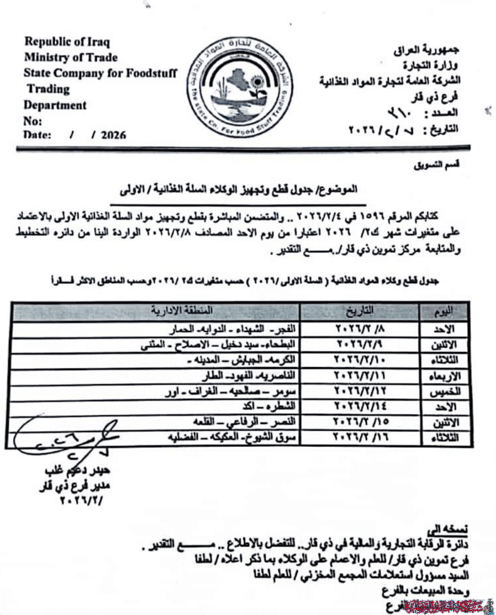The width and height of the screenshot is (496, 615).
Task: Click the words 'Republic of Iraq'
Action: coord(67,41)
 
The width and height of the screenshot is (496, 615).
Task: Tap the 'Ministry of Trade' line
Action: coord(71,57)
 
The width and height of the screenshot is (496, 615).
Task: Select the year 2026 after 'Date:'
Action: coord(113,135)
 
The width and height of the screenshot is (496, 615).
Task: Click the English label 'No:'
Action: coord(32,121)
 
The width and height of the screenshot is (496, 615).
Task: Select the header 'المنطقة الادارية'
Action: coord(181,311)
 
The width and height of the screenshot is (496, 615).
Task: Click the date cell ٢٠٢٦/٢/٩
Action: coord(360,344)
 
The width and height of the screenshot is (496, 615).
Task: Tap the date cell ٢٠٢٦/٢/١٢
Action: coord(360,390)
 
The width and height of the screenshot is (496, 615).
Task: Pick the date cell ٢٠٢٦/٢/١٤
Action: coord(360,406)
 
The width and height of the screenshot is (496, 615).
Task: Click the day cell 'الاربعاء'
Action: coord(445,376)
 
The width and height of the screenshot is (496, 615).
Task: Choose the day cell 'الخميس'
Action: coord(445,392)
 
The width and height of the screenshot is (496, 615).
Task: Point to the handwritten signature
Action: coord(65,438)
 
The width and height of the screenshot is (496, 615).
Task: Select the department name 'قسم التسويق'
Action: coord(437,165)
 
